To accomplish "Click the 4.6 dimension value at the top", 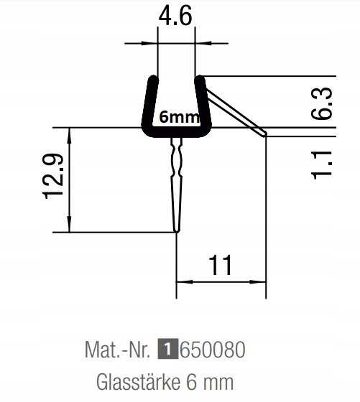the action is [x=175, y=16].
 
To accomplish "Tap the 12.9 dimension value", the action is [x=54, y=176].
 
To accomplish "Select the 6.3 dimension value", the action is [x=322, y=103].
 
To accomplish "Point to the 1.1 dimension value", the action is [x=322, y=165].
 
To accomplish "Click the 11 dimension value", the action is [x=221, y=265].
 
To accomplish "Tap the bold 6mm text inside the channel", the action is [x=180, y=117].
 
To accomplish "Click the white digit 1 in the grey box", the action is [x=168, y=349].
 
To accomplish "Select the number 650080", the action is [x=212, y=349].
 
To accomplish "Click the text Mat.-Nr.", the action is [x=117, y=349].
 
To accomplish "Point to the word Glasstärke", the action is [x=139, y=381].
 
